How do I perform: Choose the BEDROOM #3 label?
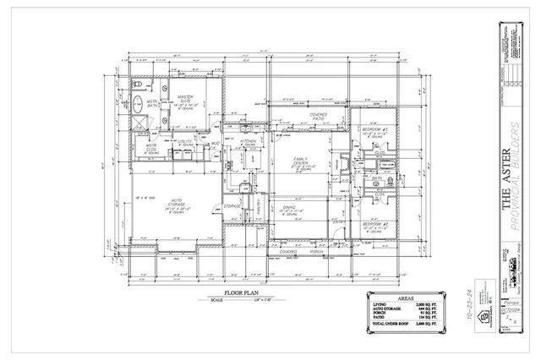point(374,129)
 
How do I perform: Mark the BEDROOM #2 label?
point(374,224)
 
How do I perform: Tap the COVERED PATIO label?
point(319,116)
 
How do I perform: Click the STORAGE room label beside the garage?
point(233,205)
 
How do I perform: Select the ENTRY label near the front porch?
point(336,221)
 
